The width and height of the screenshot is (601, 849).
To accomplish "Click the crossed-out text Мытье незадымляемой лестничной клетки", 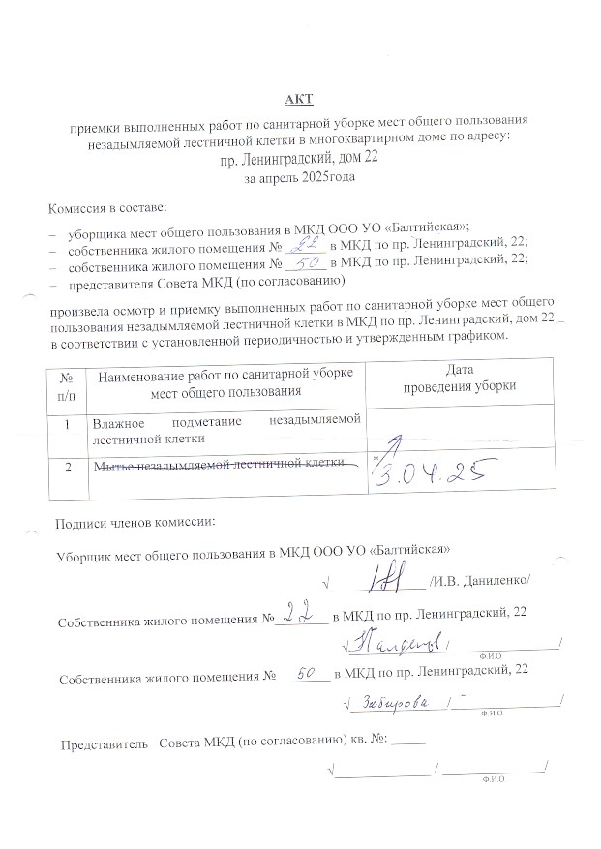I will (220, 465).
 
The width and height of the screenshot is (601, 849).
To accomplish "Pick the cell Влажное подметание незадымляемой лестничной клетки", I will (225, 429).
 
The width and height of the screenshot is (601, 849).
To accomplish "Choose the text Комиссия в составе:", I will (107, 207).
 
